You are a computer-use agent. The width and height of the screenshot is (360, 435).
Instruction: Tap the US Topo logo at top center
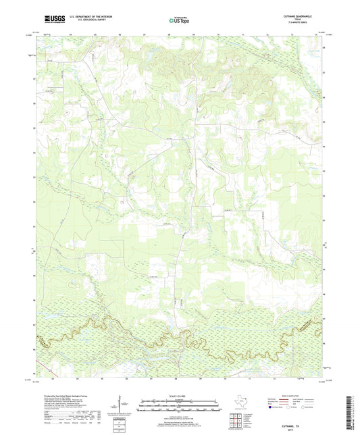(177, 21)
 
